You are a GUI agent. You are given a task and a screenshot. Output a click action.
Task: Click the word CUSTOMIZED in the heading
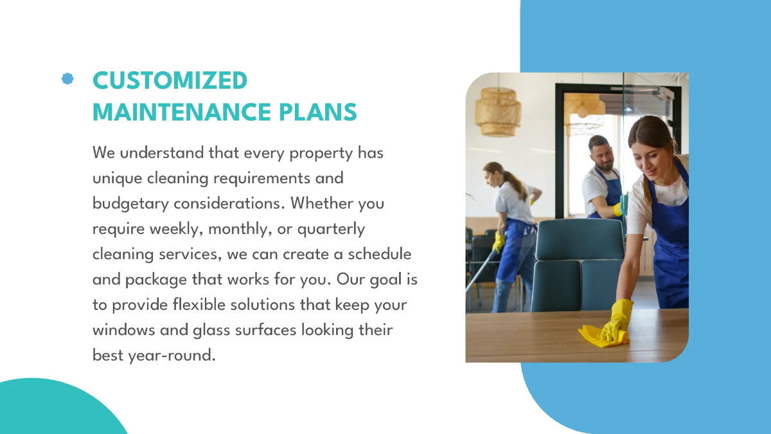(x=170, y=81)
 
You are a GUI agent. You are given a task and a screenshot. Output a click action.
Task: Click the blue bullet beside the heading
(x=67, y=78)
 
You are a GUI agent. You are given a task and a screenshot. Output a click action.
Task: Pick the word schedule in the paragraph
(x=378, y=253)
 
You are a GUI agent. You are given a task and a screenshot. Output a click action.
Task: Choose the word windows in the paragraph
(x=124, y=329)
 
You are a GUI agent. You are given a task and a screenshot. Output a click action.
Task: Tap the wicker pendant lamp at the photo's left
(x=498, y=111)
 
